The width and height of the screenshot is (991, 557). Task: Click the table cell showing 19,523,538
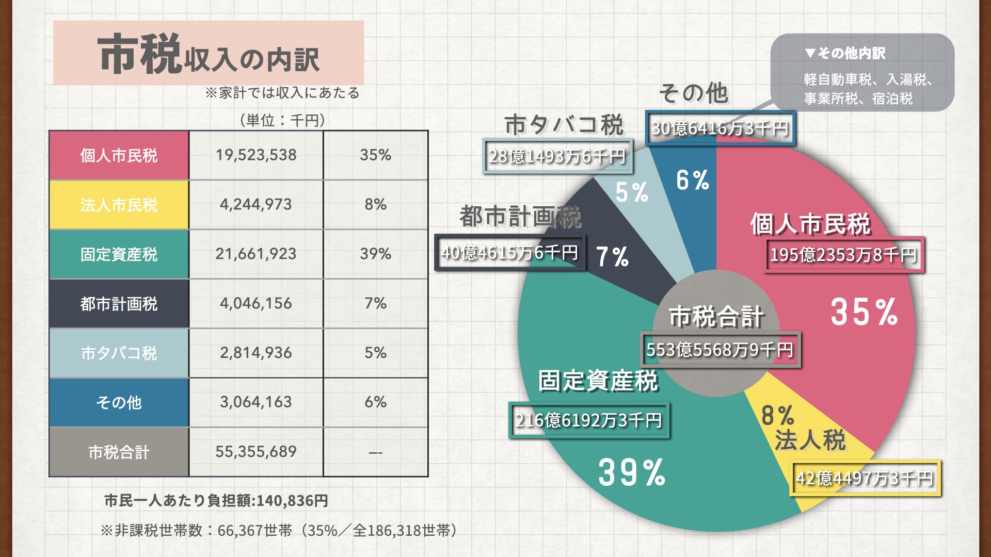click(256, 155)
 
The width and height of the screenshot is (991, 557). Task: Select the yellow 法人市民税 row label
click(119, 205)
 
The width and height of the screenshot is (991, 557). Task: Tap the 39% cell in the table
click(375, 254)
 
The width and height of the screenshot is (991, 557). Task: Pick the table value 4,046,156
click(256, 303)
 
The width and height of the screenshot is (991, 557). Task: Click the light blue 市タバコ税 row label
click(119, 353)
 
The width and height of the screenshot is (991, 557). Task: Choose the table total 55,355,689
click(256, 452)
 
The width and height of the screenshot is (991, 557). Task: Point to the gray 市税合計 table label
click(119, 452)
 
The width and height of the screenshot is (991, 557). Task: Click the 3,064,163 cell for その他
click(256, 402)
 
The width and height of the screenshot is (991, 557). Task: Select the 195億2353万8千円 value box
click(843, 255)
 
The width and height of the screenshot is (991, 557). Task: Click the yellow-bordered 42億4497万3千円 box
click(865, 478)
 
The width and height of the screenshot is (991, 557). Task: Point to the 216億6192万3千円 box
click(589, 420)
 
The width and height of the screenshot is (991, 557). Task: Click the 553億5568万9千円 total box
click(720, 350)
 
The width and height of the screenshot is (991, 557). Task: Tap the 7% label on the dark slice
click(613, 256)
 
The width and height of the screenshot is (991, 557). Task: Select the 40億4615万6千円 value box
click(510, 253)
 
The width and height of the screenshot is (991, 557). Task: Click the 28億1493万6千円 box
click(557, 156)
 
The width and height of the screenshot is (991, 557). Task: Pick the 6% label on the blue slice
click(693, 181)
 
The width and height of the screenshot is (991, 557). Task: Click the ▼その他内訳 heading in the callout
click(844, 53)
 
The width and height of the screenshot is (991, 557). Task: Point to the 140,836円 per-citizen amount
click(292, 501)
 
